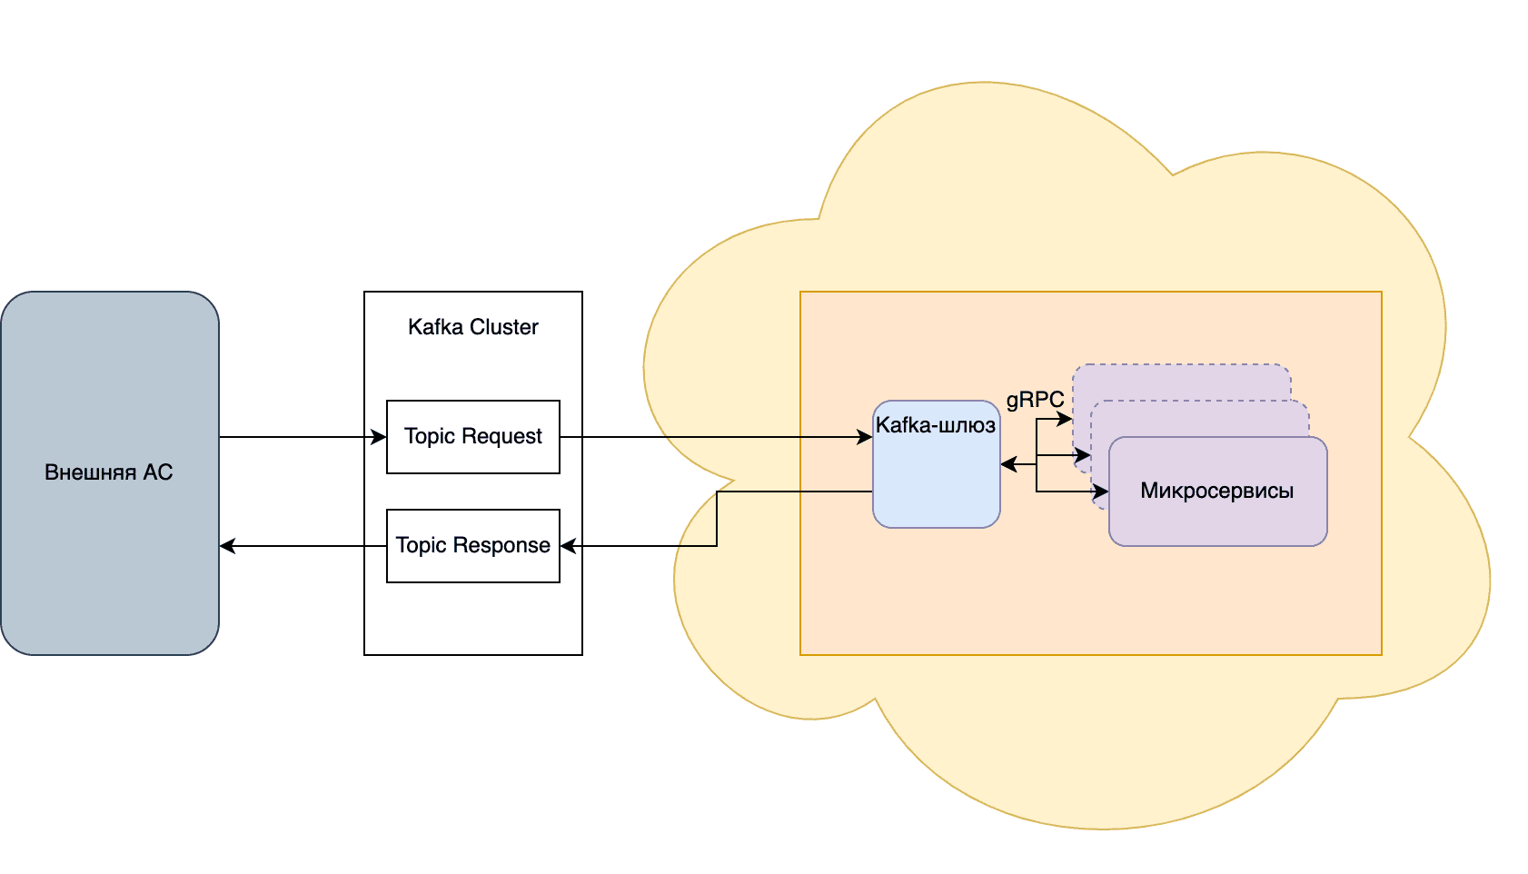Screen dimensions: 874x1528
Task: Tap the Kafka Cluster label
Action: pos(472,327)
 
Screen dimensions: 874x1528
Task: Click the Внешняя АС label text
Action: pos(109,472)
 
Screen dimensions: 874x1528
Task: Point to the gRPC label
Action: pos(1035,400)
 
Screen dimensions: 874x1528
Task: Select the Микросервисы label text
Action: pos(1216,491)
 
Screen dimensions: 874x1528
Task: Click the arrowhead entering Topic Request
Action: pos(380,437)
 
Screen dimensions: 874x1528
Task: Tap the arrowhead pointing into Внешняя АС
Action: pos(227,546)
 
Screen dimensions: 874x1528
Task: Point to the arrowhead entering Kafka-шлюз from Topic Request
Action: pos(866,437)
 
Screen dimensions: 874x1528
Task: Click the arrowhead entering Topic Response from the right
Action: pos(568,546)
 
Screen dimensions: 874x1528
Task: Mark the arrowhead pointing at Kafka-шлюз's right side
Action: pos(1007,464)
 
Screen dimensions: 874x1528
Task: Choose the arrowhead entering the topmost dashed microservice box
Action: pos(1066,419)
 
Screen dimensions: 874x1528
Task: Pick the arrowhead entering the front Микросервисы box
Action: pos(1102,492)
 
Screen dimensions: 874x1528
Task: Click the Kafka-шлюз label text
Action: pos(936,425)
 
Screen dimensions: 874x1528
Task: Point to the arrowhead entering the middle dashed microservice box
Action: pos(1084,455)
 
